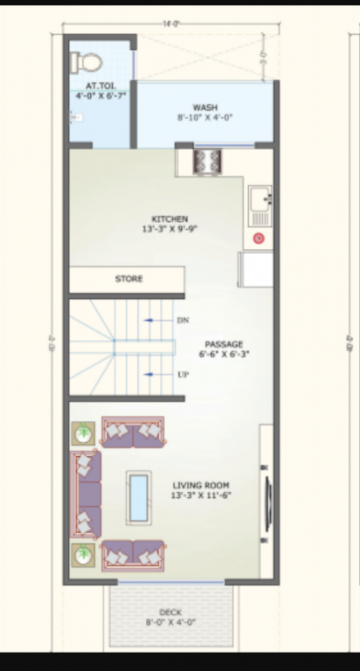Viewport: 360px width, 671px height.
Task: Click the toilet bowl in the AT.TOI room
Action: pos(87,61)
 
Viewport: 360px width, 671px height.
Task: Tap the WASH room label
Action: pos(205,107)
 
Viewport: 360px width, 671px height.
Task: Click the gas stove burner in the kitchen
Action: pos(207,161)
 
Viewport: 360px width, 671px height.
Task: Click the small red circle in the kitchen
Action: pos(259,238)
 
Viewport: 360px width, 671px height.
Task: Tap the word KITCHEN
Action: pos(170,219)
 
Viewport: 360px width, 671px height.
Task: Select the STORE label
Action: pos(128,279)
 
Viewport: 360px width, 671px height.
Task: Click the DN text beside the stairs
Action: pos(183,321)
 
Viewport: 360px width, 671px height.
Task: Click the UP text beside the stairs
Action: pos(183,374)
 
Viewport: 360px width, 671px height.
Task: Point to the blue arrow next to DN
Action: pos(157,321)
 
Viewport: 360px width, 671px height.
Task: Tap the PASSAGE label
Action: pos(224,344)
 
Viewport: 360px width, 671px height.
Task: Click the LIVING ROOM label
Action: pos(202,485)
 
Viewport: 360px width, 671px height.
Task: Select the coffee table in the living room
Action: pos(138,498)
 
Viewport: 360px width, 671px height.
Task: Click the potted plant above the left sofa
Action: pos(84,432)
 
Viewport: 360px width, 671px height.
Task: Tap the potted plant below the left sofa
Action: pos(84,554)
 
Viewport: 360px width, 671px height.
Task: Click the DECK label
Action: pos(170,612)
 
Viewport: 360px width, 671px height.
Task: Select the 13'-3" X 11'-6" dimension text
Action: pos(202,495)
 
